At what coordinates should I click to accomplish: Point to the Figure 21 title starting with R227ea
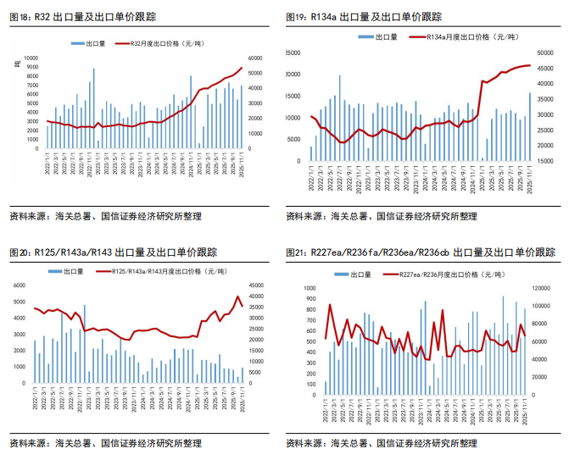[420, 252]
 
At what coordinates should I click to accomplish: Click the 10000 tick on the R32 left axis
[31, 57]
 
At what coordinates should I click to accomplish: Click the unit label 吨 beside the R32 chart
[17, 64]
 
